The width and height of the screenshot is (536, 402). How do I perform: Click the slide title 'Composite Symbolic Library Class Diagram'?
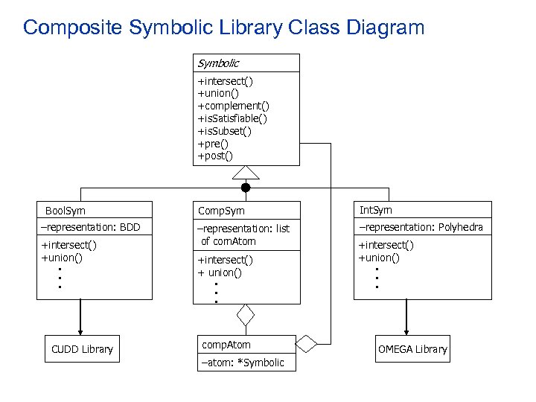tap(223, 28)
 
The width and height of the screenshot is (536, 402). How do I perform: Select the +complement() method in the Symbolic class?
tap(233, 106)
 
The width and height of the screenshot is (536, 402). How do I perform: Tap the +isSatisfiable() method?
tap(232, 118)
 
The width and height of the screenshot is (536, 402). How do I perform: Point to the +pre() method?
tap(213, 143)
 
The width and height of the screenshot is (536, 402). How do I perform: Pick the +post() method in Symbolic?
tap(215, 156)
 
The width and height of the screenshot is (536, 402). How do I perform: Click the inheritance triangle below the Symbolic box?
tap(246, 173)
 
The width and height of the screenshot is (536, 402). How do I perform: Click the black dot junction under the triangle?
tap(246, 188)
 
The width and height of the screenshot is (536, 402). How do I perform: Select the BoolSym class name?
tap(66, 211)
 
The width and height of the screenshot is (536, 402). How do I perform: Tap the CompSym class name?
tap(220, 211)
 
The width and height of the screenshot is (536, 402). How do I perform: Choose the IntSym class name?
tap(375, 210)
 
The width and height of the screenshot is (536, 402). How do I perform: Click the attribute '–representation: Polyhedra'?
tap(421, 227)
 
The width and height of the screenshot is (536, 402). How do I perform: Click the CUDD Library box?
tap(82, 349)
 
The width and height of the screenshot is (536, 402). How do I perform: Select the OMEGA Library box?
tap(412, 349)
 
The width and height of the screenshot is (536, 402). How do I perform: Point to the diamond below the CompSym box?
tap(246, 316)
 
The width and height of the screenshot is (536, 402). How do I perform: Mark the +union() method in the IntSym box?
tap(379, 258)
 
